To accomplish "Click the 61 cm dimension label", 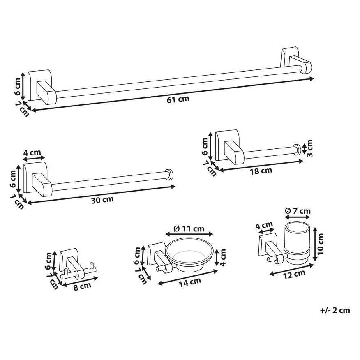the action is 178,99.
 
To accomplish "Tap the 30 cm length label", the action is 102,199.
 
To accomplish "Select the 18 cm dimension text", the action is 261,171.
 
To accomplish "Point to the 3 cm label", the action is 310,148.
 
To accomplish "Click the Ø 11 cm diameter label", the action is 189,228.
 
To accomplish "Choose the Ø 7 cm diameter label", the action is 298,211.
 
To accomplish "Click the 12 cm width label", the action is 294,274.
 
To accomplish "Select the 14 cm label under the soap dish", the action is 190,282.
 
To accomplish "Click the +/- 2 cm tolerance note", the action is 335,310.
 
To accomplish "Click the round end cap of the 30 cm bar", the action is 170,175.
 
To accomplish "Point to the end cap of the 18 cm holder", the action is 297,150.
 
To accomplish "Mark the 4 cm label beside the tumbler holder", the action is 264,225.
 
